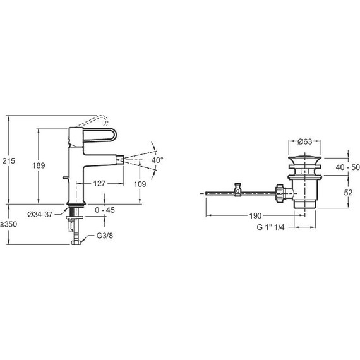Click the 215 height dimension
tap(9, 160)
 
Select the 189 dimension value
tap(39, 165)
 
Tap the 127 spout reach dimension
tap(99, 183)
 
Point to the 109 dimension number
tap(140, 184)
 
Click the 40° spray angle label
tap(157, 160)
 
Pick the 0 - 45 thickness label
tap(105, 210)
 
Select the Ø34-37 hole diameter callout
tap(40, 215)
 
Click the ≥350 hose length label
tap(8, 224)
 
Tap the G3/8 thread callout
tap(104, 236)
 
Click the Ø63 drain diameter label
tap(305, 141)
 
